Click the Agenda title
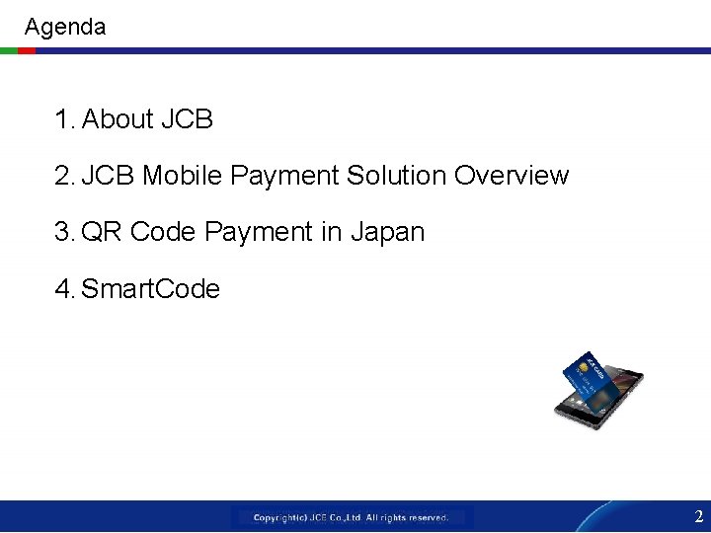[x=64, y=27]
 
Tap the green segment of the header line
[x=8, y=50]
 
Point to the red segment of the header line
[x=27, y=50]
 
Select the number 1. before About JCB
[x=65, y=119]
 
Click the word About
[x=118, y=119]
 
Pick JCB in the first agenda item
[x=187, y=119]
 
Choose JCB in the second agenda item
[x=110, y=176]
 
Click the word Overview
[x=512, y=176]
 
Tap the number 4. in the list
[x=65, y=289]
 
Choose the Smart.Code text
[x=150, y=289]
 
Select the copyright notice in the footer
[x=352, y=517]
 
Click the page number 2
[x=698, y=516]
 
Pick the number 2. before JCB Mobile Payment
[x=65, y=176]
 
